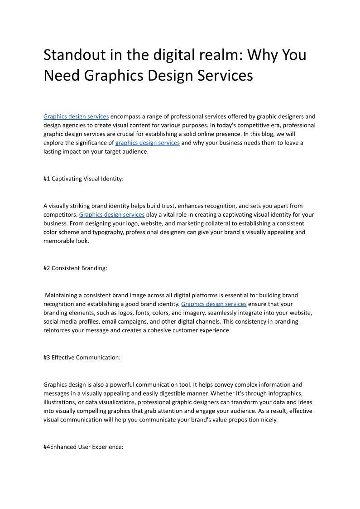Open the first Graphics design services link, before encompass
76,116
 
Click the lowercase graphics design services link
148,143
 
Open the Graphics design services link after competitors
112,215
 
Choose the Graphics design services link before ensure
214,304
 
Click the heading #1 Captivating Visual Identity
83,179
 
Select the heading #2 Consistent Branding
75,268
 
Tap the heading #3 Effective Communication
82,358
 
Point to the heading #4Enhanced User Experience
83,447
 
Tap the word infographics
285,393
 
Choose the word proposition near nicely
238,420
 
